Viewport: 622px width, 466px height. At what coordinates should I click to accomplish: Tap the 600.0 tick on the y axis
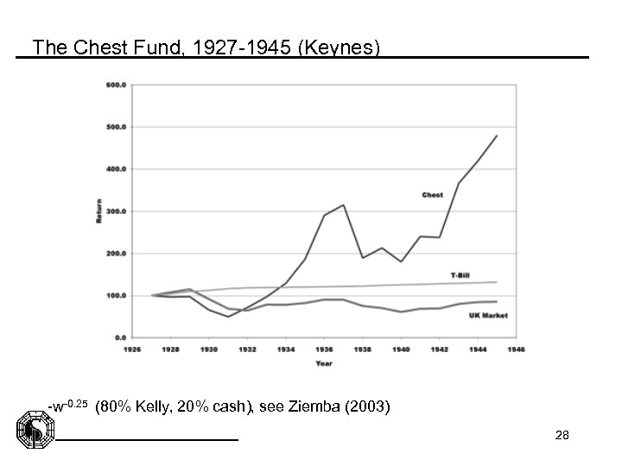116,85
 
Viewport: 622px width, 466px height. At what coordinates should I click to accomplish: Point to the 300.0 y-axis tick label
116,211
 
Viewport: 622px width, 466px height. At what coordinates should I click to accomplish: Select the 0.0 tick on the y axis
119,337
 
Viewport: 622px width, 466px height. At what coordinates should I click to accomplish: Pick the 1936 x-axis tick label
324,349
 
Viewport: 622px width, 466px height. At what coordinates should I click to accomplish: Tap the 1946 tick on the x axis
516,349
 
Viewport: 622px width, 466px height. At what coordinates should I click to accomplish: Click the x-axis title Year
324,363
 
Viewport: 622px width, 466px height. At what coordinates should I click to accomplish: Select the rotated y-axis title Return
98,211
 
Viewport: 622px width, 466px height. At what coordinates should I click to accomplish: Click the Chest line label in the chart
432,195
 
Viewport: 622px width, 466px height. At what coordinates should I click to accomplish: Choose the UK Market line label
489,316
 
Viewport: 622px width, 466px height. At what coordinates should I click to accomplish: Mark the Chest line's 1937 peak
344,205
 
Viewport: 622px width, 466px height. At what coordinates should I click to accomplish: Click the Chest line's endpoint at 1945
497,135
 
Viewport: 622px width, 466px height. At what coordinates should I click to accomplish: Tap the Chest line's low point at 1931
229,317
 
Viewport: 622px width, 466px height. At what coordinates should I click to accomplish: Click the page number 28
562,438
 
